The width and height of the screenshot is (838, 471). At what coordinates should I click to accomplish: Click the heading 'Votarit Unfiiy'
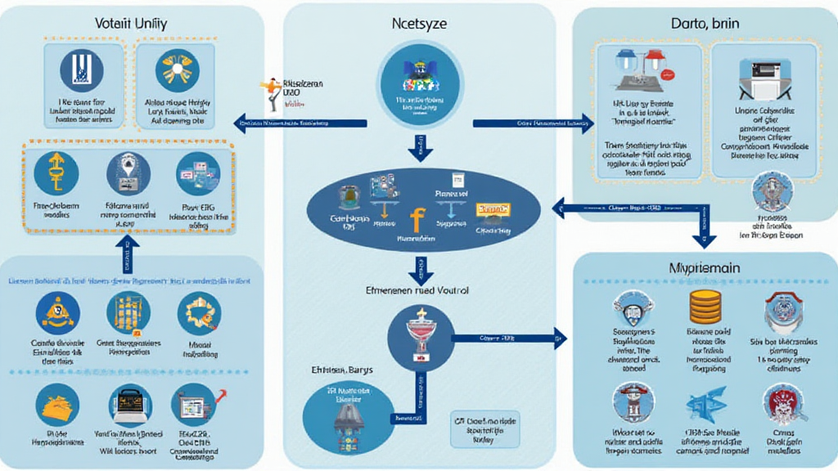[131, 25]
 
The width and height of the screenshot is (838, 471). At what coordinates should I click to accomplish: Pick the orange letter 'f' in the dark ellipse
[415, 219]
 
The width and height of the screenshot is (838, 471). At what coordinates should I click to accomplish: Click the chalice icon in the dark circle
[418, 334]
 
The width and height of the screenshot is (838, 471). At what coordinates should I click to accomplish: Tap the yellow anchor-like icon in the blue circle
[56, 173]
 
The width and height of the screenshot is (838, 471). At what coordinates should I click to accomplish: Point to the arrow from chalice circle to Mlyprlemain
[507, 337]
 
